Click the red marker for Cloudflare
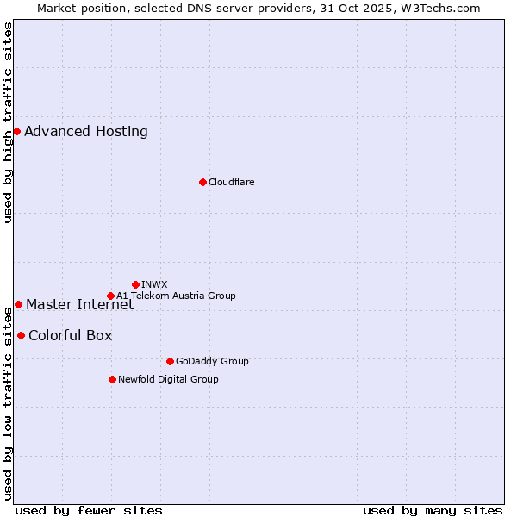[202, 182]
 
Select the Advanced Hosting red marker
[16, 131]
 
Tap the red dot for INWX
[135, 284]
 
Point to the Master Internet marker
[18, 304]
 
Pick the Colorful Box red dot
[21, 335]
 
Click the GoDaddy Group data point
[170, 361]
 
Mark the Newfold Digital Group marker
[112, 379]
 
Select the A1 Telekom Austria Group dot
[110, 296]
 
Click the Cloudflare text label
[231, 182]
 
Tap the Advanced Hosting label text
[86, 131]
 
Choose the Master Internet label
[79, 304]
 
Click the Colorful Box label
[70, 335]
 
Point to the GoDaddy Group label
[212, 361]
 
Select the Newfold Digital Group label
[168, 379]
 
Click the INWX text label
[154, 284]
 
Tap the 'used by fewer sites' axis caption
[89, 510]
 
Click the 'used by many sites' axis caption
[433, 510]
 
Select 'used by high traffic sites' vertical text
[9, 122]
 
